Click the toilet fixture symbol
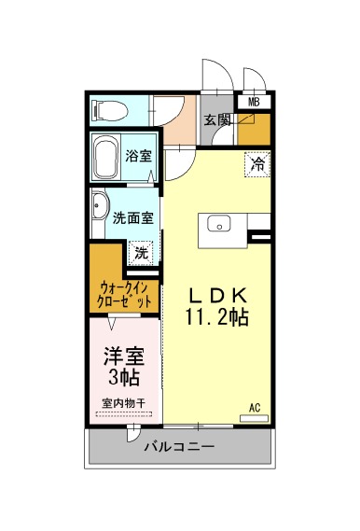pyautogui.click(x=110, y=110)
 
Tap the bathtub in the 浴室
pyautogui.click(x=106, y=158)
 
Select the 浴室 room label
pyautogui.click(x=138, y=156)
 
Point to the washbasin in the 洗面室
pyautogui.click(x=100, y=206)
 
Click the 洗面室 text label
pyautogui.click(x=133, y=218)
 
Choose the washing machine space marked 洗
pyautogui.click(x=141, y=253)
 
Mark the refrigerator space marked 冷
pyautogui.click(x=257, y=164)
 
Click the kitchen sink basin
pyautogui.click(x=219, y=224)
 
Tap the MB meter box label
pyautogui.click(x=254, y=102)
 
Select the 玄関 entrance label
pyautogui.click(x=217, y=120)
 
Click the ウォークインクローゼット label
pyautogui.click(x=124, y=295)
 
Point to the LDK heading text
pyautogui.click(x=217, y=297)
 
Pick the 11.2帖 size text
pyautogui.click(x=217, y=317)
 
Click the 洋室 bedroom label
pyautogui.click(x=124, y=356)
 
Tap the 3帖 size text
pyautogui.click(x=124, y=377)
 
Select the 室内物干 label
pyautogui.click(x=124, y=403)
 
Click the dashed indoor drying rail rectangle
pyautogui.click(x=124, y=413)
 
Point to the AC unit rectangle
pyautogui.click(x=254, y=419)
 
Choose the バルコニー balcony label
pyautogui.click(x=179, y=447)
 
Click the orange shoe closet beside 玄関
pyautogui.click(x=254, y=130)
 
